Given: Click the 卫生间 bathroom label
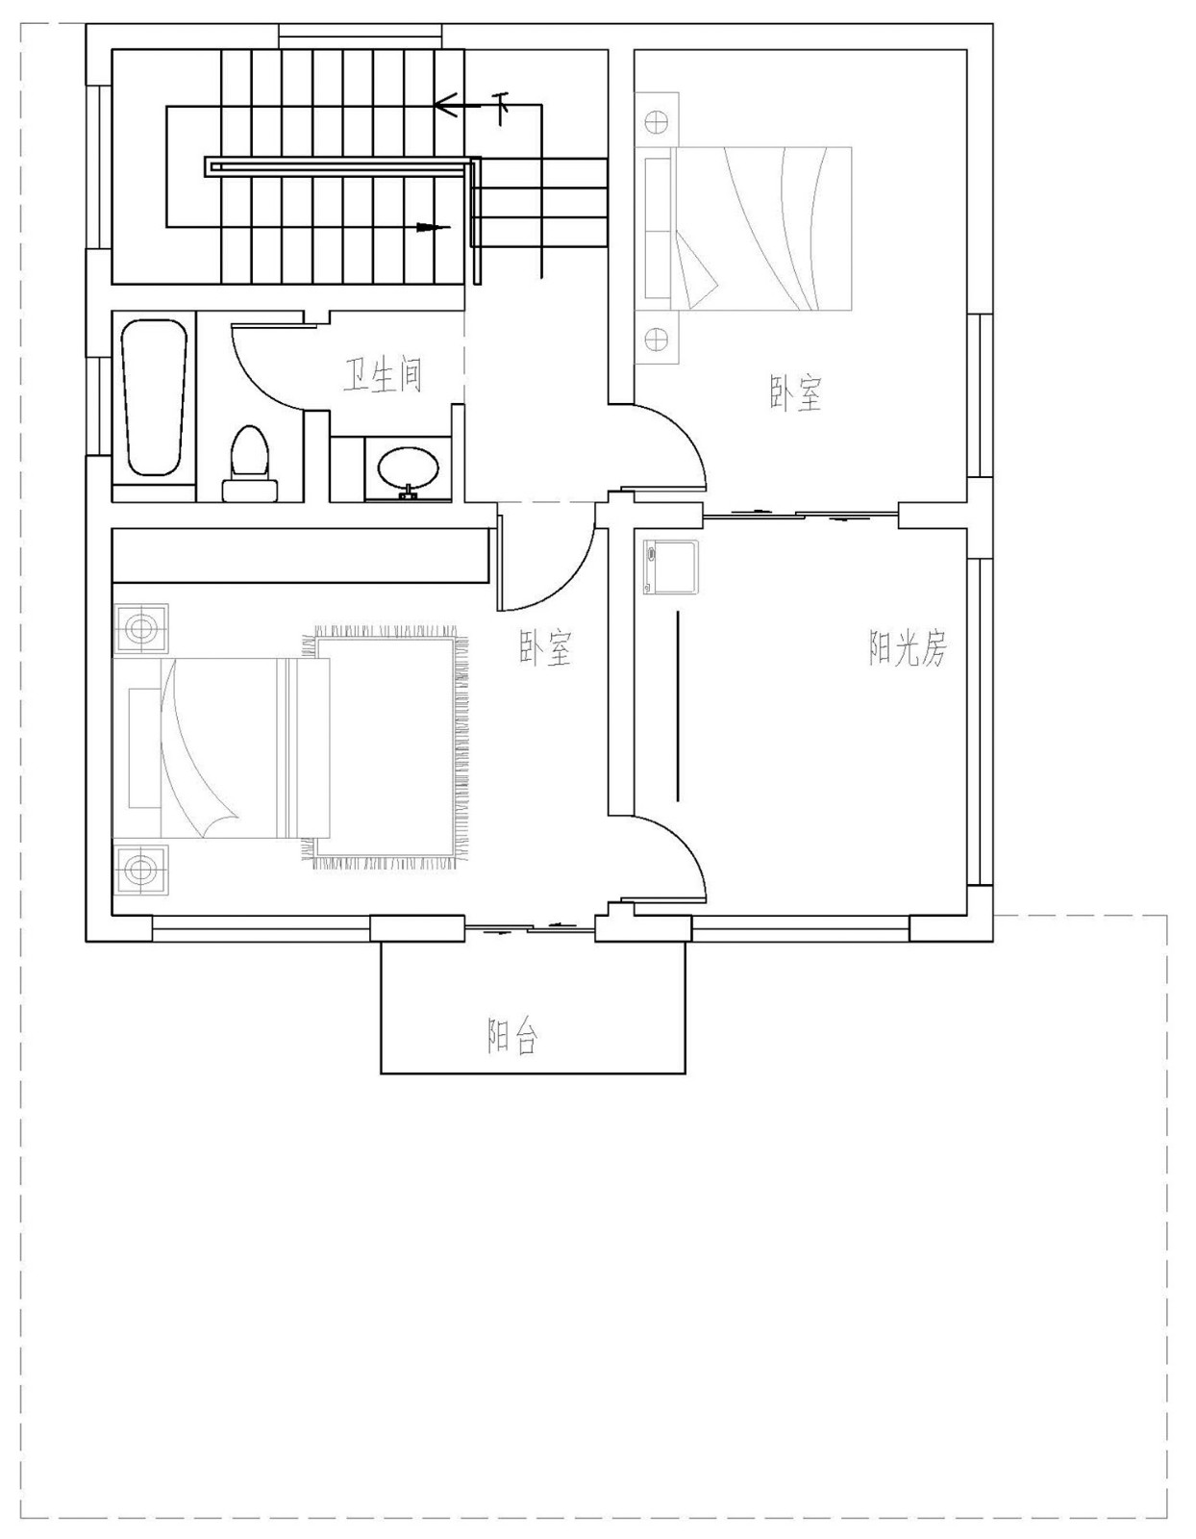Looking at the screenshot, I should (x=383, y=376).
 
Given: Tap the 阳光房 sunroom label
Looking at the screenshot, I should (x=908, y=651).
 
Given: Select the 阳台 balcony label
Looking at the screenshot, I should (x=512, y=1036).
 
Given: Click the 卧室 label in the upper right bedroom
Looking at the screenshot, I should (x=796, y=393).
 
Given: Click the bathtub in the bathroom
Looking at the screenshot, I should (x=154, y=398).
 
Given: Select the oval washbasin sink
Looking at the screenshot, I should (x=409, y=470).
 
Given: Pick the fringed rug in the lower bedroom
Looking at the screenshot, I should (x=389, y=747).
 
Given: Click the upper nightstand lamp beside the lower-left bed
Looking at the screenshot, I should (x=141, y=629).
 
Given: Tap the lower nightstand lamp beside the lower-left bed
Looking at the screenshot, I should (x=141, y=870).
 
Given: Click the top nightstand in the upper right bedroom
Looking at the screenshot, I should (x=657, y=121).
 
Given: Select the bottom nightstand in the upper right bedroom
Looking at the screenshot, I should (x=657, y=339).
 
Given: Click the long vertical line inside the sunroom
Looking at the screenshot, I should (x=678, y=704).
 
